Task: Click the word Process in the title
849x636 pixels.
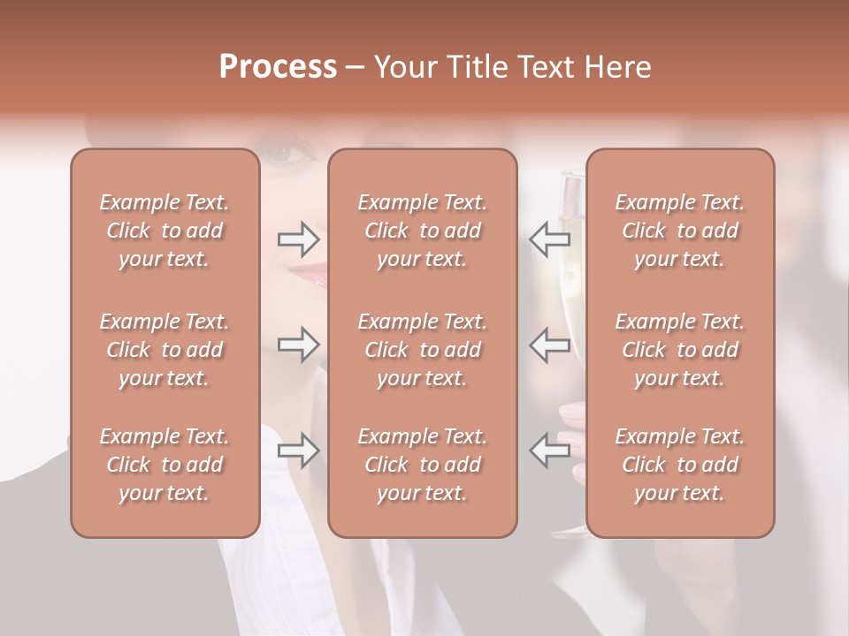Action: point(278,67)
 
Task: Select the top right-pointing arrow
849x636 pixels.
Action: point(298,239)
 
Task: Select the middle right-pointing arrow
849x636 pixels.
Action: point(298,344)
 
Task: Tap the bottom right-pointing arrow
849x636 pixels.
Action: point(298,450)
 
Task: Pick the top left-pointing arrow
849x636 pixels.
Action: point(549,239)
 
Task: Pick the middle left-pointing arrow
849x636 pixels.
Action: point(549,344)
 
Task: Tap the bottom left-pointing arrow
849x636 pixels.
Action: point(549,450)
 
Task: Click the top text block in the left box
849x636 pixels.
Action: point(164,231)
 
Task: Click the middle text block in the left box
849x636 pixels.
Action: point(164,350)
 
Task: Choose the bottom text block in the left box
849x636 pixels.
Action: point(164,465)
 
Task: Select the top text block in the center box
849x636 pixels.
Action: point(423,231)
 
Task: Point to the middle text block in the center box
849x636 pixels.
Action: point(423,350)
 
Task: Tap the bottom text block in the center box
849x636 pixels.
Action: point(423,465)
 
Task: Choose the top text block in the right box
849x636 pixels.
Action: point(680,231)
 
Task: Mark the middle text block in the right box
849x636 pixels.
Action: point(680,350)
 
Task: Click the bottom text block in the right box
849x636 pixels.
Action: point(680,465)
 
